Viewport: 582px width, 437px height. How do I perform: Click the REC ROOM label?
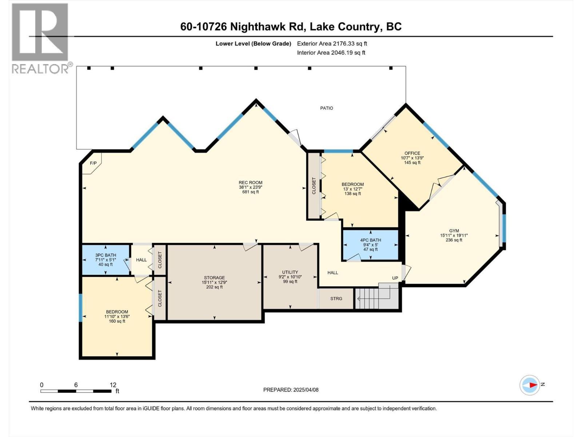(250, 183)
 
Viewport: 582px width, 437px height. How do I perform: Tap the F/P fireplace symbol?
(93, 163)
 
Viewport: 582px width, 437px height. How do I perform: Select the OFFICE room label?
(412, 153)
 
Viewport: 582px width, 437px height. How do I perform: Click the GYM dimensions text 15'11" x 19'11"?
(454, 235)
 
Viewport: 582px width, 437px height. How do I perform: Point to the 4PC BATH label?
(370, 240)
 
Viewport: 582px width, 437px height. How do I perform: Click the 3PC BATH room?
(105, 260)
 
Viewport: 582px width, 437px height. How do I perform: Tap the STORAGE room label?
(214, 278)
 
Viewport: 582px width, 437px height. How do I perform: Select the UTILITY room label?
(290, 272)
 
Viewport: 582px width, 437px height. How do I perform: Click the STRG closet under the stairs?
(336, 299)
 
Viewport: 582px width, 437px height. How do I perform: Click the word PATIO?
(326, 108)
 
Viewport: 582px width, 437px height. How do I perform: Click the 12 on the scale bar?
(113, 385)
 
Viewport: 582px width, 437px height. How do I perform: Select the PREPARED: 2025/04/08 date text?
(291, 390)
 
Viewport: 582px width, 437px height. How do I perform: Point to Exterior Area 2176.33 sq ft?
(332, 44)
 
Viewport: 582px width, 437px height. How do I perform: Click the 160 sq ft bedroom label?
(117, 321)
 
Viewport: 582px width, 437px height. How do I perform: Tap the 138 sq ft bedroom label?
(352, 193)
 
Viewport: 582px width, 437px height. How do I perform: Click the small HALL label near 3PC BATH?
(141, 260)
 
